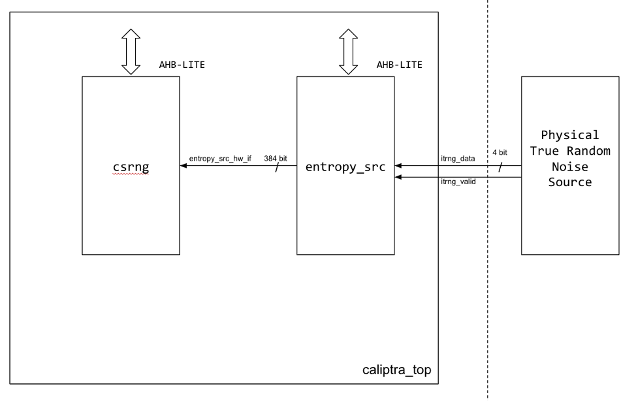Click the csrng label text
click(x=131, y=167)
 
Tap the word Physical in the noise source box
click(x=570, y=135)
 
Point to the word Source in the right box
click(x=570, y=182)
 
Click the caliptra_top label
click(x=397, y=371)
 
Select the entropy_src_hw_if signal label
click(x=220, y=158)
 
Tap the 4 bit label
click(x=499, y=152)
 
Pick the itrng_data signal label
click(x=458, y=158)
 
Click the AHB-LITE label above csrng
click(x=178, y=65)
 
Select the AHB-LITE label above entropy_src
click(x=399, y=65)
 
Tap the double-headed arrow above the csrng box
click(x=131, y=52)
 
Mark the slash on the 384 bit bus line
click(x=278, y=167)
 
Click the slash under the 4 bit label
click(x=500, y=167)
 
